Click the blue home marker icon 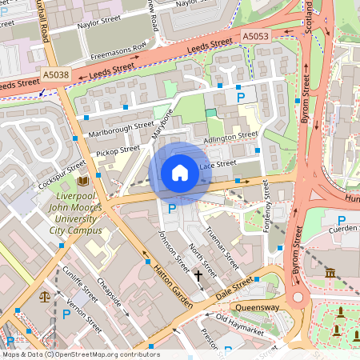tap(180, 173)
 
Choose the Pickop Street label tap(118, 150)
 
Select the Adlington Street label tap(232, 137)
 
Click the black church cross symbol tap(198, 275)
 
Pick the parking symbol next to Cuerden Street tap(342, 221)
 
